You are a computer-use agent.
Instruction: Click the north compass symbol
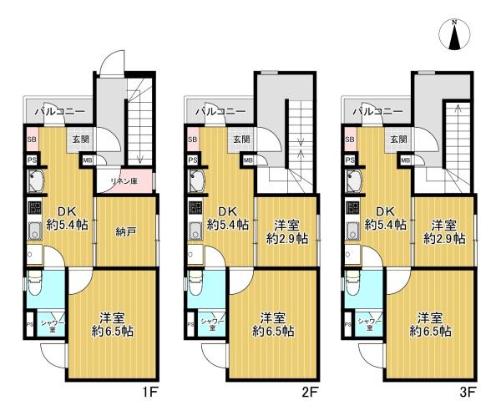(x=455, y=35)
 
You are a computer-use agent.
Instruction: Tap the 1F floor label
(x=149, y=392)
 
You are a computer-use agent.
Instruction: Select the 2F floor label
(x=310, y=392)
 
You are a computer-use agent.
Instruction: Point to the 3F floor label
(x=468, y=392)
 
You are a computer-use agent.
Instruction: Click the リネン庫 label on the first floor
(x=124, y=181)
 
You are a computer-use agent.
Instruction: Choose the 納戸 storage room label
(x=124, y=232)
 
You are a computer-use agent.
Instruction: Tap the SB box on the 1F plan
(x=32, y=140)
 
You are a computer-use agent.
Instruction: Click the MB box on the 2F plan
(x=248, y=160)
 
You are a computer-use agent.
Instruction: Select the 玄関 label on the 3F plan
(x=399, y=140)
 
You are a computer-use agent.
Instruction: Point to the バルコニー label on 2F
(x=220, y=111)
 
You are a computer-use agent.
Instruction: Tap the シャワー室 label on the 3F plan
(x=369, y=324)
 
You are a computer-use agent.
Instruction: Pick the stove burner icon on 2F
(x=195, y=207)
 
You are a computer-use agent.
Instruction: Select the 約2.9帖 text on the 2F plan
(x=287, y=239)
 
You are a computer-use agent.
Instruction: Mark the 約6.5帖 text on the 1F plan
(x=113, y=332)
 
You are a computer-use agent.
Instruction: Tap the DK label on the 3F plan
(x=385, y=211)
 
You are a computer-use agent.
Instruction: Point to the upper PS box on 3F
(x=350, y=160)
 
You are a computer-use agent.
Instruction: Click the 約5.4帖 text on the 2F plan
(x=228, y=225)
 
